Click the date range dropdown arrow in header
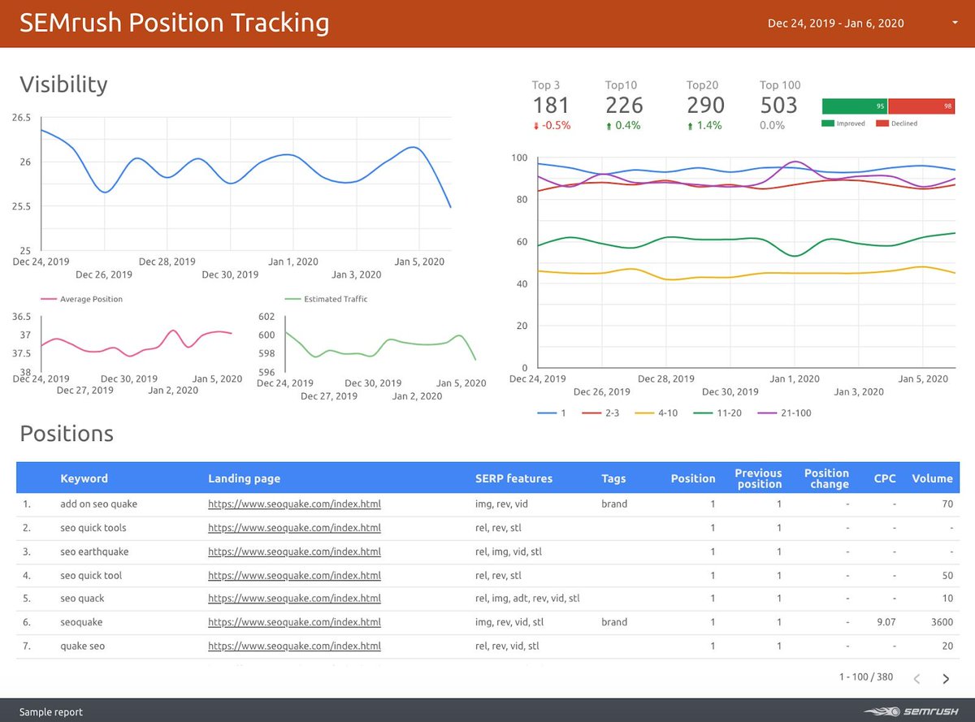coord(954,23)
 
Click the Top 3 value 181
coord(551,106)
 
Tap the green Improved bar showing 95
coord(854,106)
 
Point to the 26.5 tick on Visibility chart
coord(21,118)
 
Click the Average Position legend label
coord(91,300)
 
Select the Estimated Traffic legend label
coord(336,300)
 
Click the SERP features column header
coord(513,478)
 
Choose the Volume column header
coord(931,478)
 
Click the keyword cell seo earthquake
coord(94,551)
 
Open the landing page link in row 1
coord(294,504)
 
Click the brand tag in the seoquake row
coord(614,622)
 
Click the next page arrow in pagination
coord(946,679)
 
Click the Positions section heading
coord(67,434)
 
